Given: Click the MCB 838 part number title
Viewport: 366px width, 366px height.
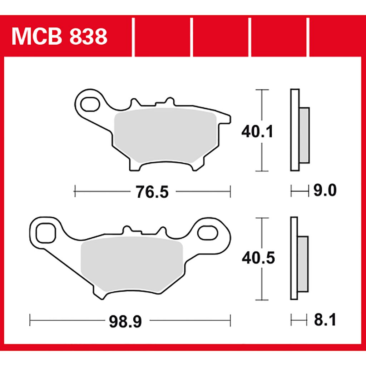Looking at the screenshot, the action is (x=60, y=36).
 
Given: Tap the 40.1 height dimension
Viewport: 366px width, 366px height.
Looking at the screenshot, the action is (x=257, y=132).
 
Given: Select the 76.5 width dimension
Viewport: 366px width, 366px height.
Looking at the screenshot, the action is (x=152, y=192).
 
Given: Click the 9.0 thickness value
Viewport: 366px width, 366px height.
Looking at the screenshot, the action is (x=325, y=191).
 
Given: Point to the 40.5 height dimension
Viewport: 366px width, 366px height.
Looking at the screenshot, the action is (x=258, y=258).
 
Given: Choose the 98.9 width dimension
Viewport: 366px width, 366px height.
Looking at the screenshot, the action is (x=125, y=322).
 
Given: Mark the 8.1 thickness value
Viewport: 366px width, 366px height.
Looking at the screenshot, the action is (x=325, y=320).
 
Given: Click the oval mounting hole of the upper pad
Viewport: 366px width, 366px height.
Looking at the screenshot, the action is (x=90, y=104).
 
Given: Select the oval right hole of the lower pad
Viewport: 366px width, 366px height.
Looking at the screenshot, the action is (x=208, y=233).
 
